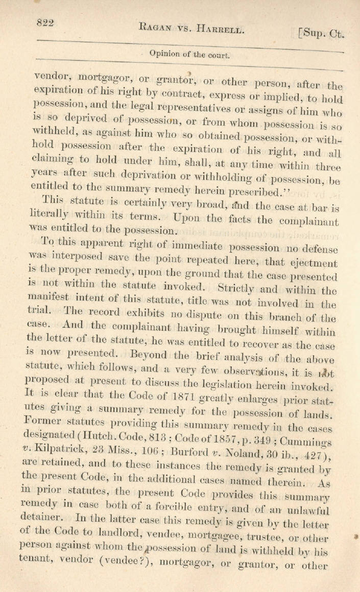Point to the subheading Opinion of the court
(189, 54)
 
